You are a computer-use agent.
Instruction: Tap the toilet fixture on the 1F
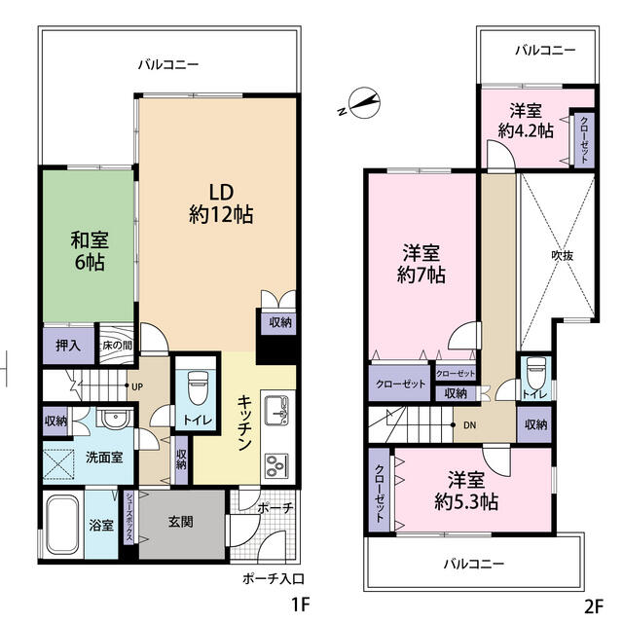198,387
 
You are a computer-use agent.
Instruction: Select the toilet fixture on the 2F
535,372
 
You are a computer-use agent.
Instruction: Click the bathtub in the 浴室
62,525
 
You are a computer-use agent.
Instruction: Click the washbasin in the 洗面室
115,418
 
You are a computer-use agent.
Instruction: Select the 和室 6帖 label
90,251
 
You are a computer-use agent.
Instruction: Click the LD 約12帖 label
221,203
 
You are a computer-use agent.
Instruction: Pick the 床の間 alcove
116,345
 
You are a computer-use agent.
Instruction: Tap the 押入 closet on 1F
68,346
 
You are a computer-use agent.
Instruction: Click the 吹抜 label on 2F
563,255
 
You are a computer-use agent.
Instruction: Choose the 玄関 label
181,522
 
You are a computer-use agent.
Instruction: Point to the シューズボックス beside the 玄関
129,518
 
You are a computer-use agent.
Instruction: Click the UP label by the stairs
136,386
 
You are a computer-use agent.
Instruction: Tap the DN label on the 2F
469,425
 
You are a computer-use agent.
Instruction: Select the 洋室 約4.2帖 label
526,121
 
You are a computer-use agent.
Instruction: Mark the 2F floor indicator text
594,606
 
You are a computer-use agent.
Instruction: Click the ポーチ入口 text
274,579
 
